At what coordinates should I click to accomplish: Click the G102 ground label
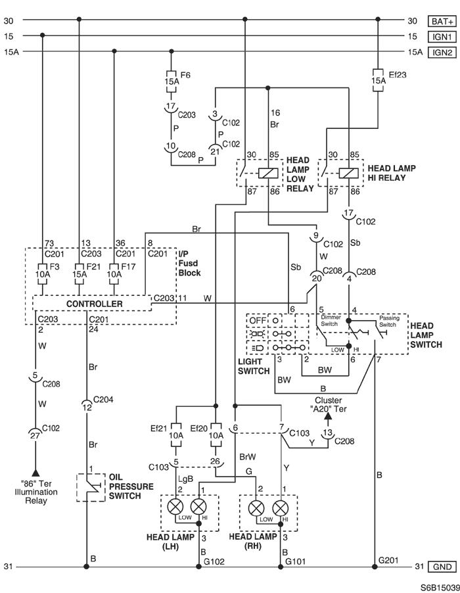214,562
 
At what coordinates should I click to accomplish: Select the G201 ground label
388,559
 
